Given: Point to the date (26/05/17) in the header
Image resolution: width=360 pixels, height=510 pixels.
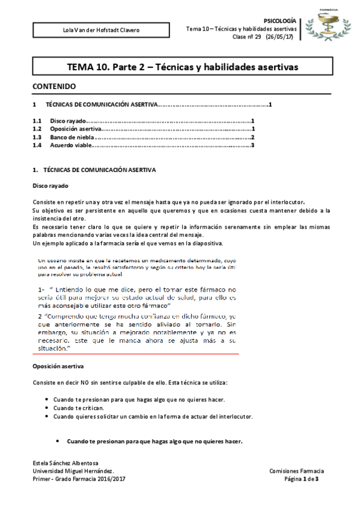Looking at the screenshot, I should (x=281, y=37).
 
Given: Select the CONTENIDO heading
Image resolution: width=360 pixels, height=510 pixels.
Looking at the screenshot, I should (x=54, y=86).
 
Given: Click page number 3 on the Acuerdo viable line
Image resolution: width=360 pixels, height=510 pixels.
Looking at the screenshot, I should (x=253, y=145).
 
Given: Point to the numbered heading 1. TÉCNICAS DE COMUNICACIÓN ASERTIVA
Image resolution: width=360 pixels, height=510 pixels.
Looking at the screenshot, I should (x=94, y=170).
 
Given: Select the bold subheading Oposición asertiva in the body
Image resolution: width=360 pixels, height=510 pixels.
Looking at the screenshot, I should (x=58, y=366).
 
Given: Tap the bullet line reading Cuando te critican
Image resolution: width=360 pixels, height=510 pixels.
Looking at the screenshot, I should (x=79, y=408).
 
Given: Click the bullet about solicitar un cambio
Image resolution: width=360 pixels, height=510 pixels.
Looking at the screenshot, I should (x=153, y=416).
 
